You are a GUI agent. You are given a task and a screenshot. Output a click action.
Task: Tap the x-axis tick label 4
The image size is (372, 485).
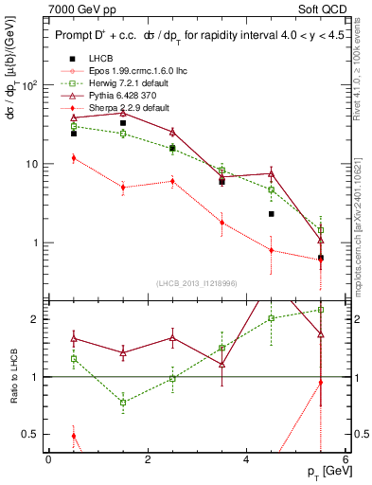coord(247,458)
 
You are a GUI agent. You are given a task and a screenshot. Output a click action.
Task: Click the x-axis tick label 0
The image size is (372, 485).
coord(48,458)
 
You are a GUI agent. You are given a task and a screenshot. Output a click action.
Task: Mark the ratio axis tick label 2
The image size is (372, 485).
coord(36,318)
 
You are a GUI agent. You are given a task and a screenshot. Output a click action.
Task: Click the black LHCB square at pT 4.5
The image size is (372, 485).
coord(272,214)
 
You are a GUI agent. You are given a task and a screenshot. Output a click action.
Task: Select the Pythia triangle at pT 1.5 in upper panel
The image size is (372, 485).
coord(123,113)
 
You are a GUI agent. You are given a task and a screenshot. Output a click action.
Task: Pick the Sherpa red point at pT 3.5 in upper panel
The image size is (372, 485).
coord(221,223)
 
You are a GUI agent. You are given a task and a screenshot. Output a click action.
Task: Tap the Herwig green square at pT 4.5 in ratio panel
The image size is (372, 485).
coord(272,318)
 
